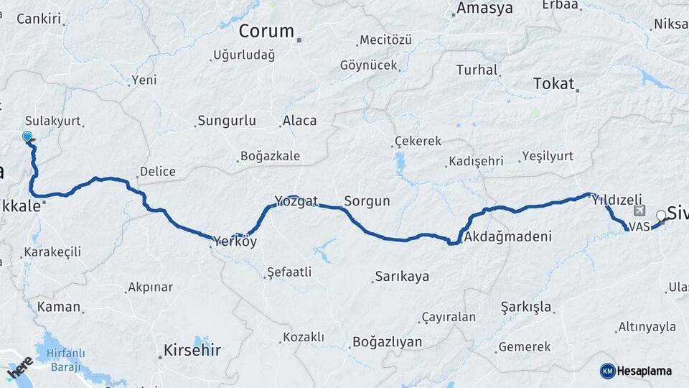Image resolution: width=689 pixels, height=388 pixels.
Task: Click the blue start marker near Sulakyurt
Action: pyautogui.click(x=27, y=136)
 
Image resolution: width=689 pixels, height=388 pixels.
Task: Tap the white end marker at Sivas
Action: pyautogui.click(x=661, y=215)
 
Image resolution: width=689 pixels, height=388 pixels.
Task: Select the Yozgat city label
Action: pyautogui.click(x=296, y=201)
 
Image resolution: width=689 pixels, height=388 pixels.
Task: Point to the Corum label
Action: pyautogui.click(x=266, y=31)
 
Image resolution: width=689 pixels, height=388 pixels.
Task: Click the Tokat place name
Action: pyautogui.click(x=553, y=84)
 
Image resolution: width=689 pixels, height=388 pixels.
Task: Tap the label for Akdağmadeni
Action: pyautogui.click(x=507, y=236)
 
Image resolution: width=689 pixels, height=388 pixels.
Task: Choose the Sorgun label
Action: pyautogui.click(x=367, y=201)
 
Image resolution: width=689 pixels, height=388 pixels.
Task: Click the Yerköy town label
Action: pyautogui.click(x=234, y=241)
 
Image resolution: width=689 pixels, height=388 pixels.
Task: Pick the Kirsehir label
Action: pyautogui.click(x=192, y=351)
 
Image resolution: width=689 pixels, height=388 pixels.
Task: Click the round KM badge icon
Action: pyautogui.click(x=608, y=371)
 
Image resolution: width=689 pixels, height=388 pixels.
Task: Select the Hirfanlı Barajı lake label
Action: pyautogui.click(x=65, y=360)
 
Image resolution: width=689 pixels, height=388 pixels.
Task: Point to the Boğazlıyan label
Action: pyautogui.click(x=387, y=342)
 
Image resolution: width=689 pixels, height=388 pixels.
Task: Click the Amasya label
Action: pyautogui.click(x=484, y=9)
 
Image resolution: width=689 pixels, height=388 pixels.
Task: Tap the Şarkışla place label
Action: pyautogui.click(x=527, y=308)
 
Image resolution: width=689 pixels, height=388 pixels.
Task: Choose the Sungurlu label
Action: pyautogui.click(x=227, y=120)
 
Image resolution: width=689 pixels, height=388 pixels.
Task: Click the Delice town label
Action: pyautogui.click(x=157, y=172)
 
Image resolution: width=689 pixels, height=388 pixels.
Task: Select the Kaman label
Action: pyautogui.click(x=58, y=307)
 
